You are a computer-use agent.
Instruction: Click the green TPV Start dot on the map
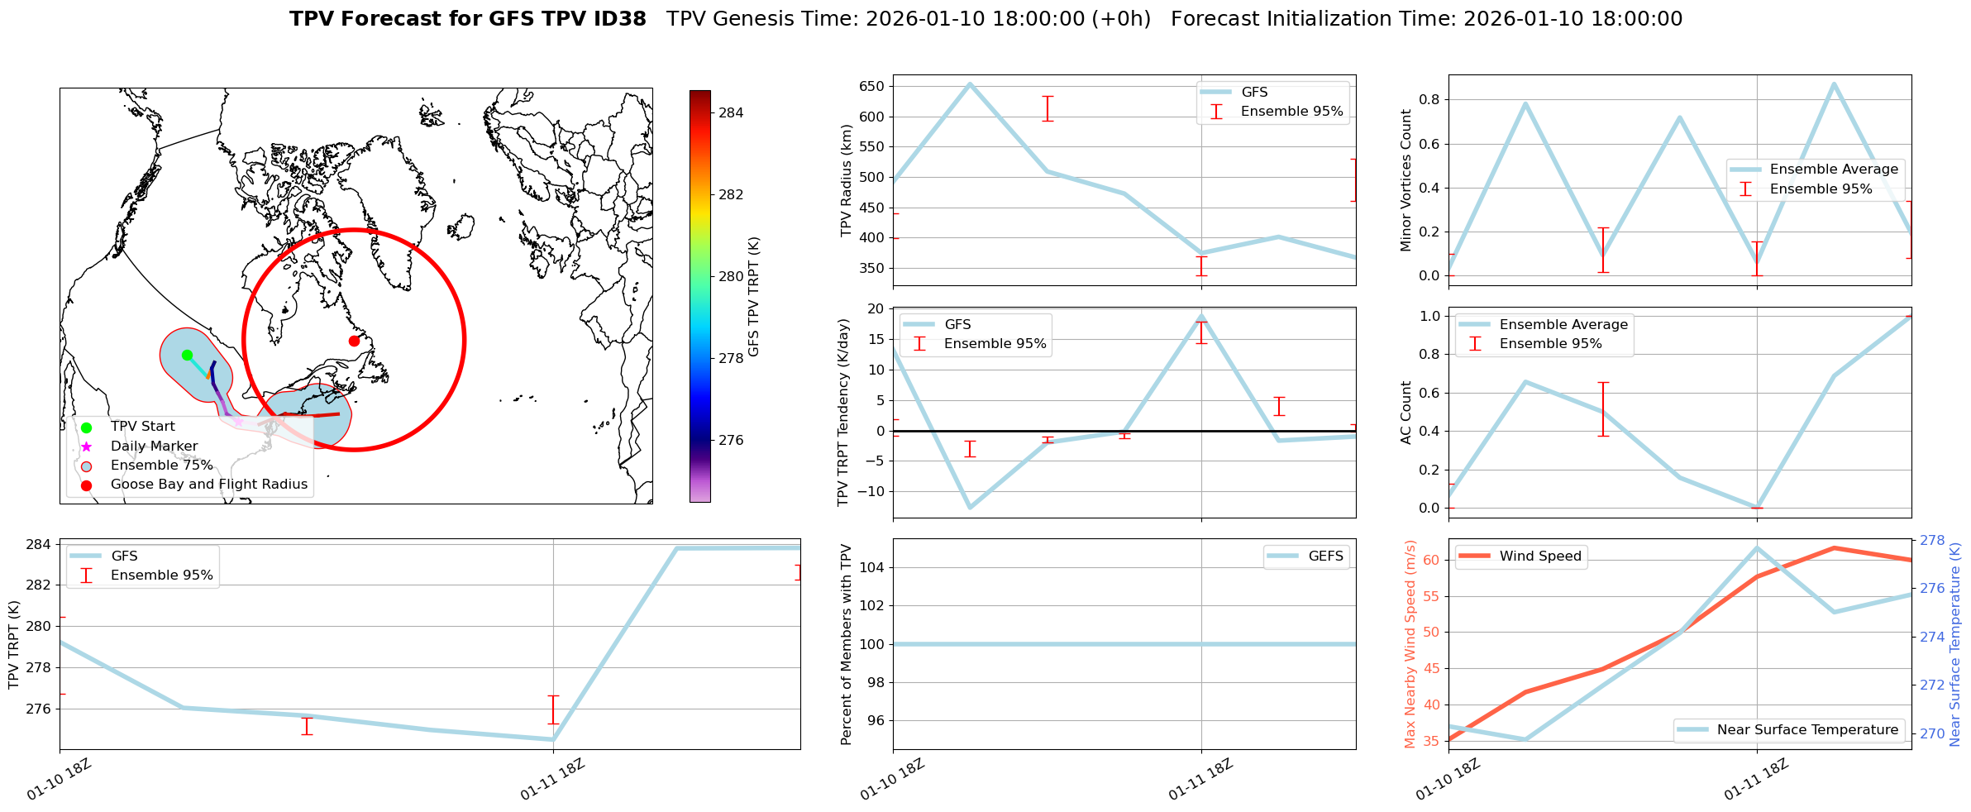coord(187,355)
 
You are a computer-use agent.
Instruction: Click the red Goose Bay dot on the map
coord(354,341)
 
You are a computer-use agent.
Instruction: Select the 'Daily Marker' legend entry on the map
coord(154,447)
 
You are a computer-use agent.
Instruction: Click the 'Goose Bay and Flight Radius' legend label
coord(208,485)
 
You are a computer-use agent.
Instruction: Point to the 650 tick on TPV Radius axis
coord(872,86)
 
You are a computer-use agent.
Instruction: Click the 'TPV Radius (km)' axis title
coord(846,180)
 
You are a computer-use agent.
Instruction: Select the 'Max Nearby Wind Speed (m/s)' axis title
coord(1410,644)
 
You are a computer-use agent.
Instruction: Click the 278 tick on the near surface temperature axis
coord(1932,541)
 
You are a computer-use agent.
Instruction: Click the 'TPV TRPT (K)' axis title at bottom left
coord(13,645)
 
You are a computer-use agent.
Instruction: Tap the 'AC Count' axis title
coord(1406,413)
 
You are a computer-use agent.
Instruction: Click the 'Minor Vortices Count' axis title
coord(1406,180)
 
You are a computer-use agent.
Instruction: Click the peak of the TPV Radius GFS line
coord(970,84)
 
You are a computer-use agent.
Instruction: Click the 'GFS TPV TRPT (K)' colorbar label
coord(753,297)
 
